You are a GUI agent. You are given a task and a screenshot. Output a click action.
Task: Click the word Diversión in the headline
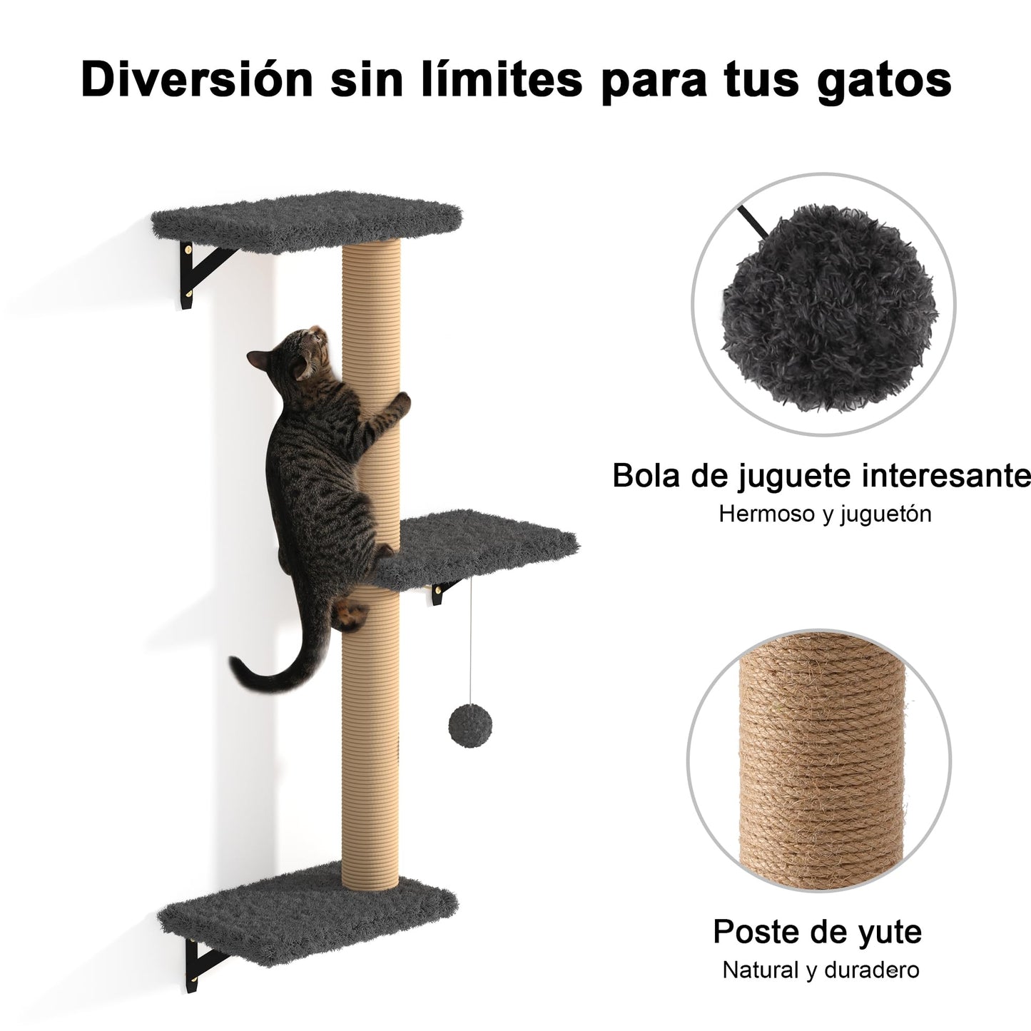[x=197, y=80]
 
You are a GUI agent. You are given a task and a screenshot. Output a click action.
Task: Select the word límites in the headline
[x=502, y=78]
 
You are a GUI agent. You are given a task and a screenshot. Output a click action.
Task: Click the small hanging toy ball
[x=470, y=726]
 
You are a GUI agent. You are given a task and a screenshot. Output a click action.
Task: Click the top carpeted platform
[x=306, y=221]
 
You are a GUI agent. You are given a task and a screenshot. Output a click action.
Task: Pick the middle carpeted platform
[x=476, y=549]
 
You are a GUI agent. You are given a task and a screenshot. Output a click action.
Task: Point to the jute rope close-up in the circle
[x=821, y=761]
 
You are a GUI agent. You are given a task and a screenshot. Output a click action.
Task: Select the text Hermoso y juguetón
[x=825, y=514]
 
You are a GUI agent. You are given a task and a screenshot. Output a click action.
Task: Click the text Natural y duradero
[x=821, y=970]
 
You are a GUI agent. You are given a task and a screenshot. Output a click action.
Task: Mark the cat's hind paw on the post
[x=350, y=615]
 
